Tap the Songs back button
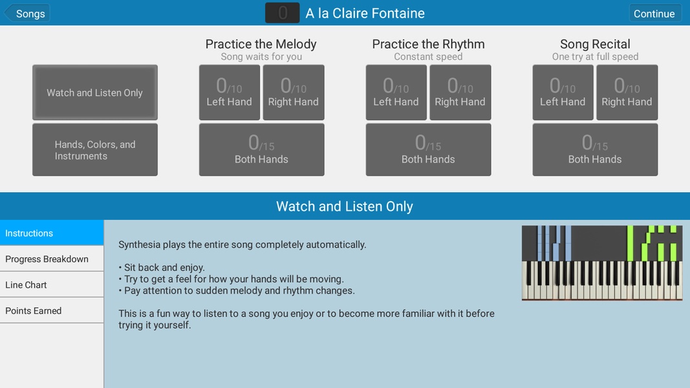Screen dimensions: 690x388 point(27,13)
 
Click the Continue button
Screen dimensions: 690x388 point(654,13)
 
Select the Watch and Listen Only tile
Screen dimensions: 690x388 point(95,92)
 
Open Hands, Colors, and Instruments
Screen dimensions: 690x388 point(95,149)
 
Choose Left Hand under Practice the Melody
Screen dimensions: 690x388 point(230,92)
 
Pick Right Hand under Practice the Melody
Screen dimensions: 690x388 point(294,92)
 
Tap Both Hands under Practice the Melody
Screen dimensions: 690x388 point(261,149)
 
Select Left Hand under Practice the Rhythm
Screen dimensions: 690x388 point(396,92)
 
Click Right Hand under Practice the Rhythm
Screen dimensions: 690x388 point(460,92)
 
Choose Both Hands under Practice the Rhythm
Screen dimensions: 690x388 point(428,149)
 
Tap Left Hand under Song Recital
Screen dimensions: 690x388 point(563,92)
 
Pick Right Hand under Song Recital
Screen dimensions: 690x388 point(627,92)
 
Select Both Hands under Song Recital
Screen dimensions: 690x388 point(595,149)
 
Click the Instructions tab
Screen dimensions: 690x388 point(52,233)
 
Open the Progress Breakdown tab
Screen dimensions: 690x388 point(52,259)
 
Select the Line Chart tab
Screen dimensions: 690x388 point(52,285)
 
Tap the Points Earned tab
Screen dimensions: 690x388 point(52,310)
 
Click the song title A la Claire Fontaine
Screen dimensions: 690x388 point(365,13)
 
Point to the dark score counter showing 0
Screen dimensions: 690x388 point(283,13)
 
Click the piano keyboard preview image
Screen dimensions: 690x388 point(602,263)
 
